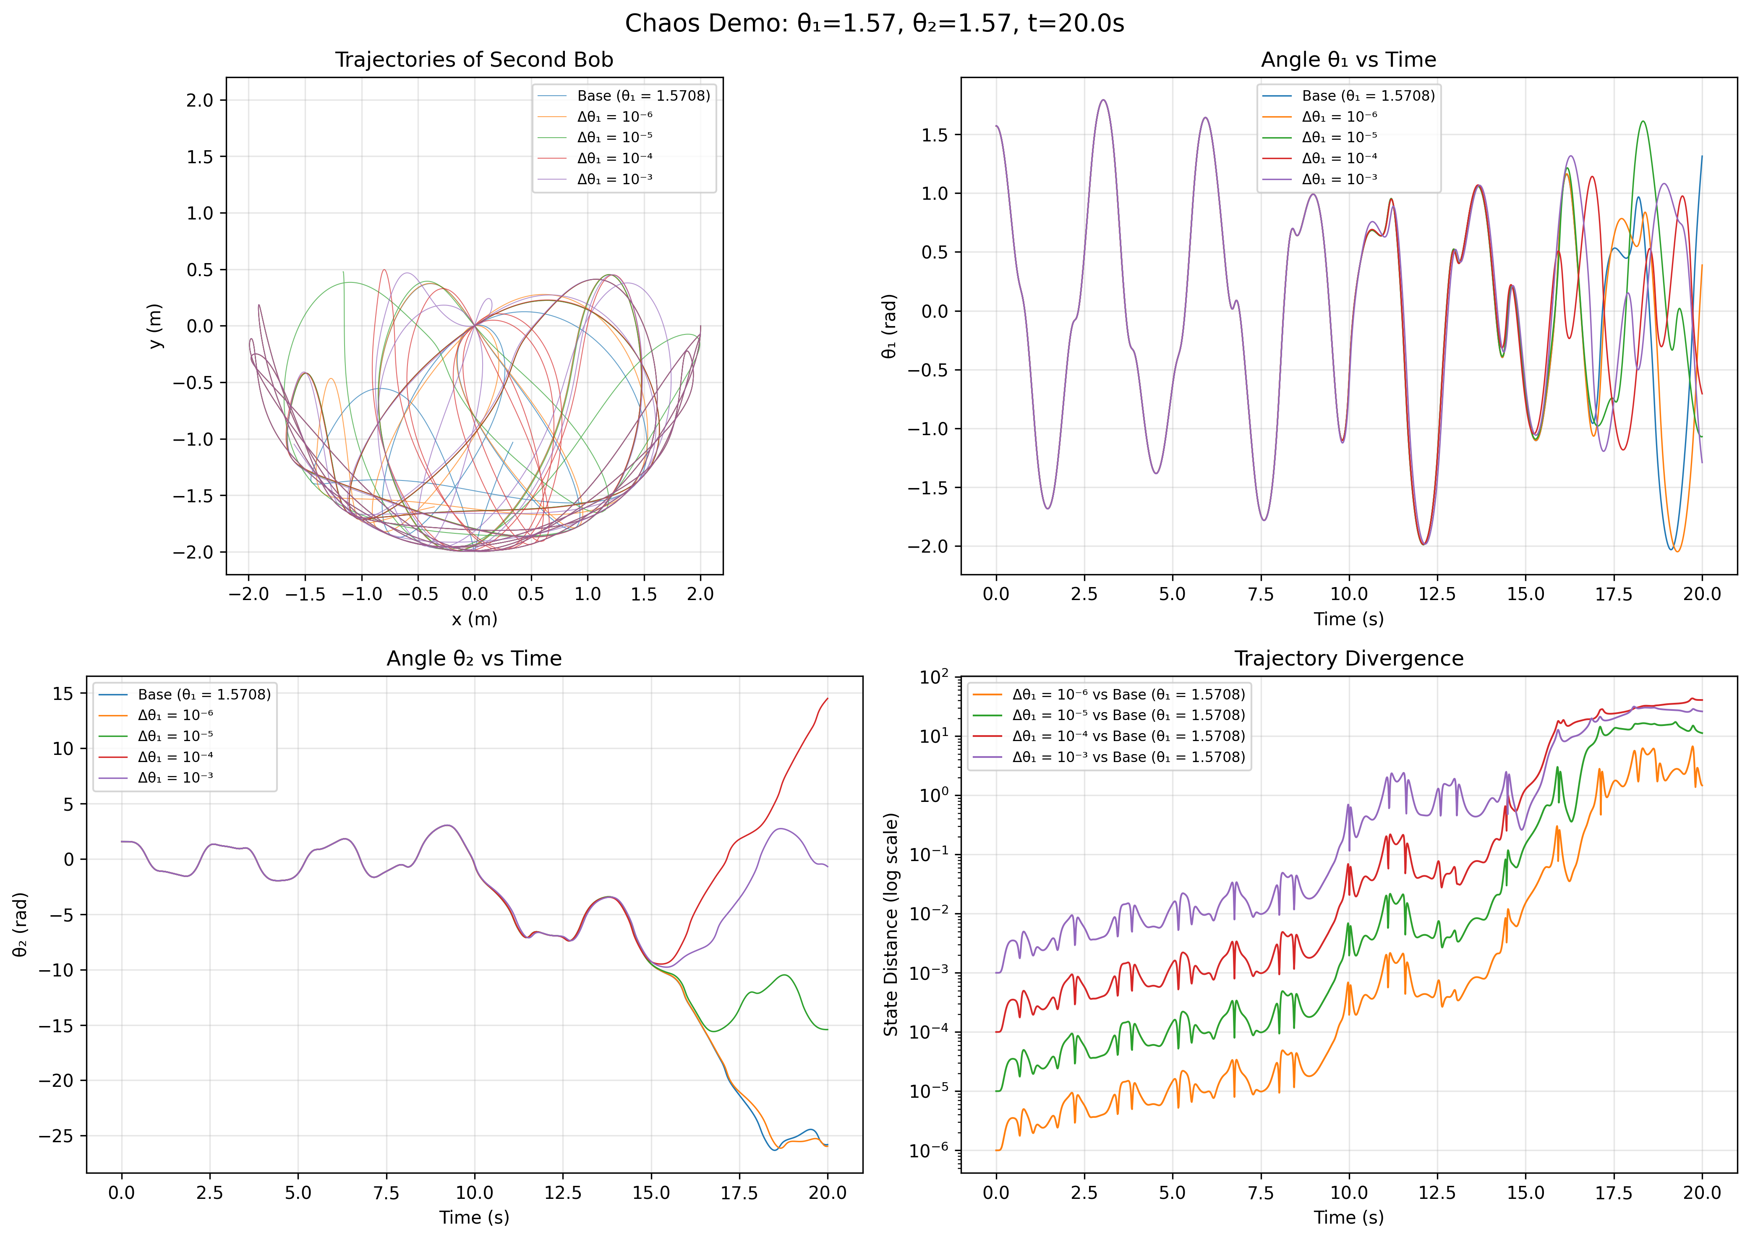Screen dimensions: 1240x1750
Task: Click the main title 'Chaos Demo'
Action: click(x=874, y=23)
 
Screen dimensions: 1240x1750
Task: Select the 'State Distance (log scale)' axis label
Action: click(x=891, y=924)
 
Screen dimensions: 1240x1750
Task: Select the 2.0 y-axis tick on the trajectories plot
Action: click(x=201, y=100)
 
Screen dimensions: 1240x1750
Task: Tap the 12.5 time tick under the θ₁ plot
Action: click(x=1437, y=595)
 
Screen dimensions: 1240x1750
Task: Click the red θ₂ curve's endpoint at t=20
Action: click(x=827, y=699)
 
